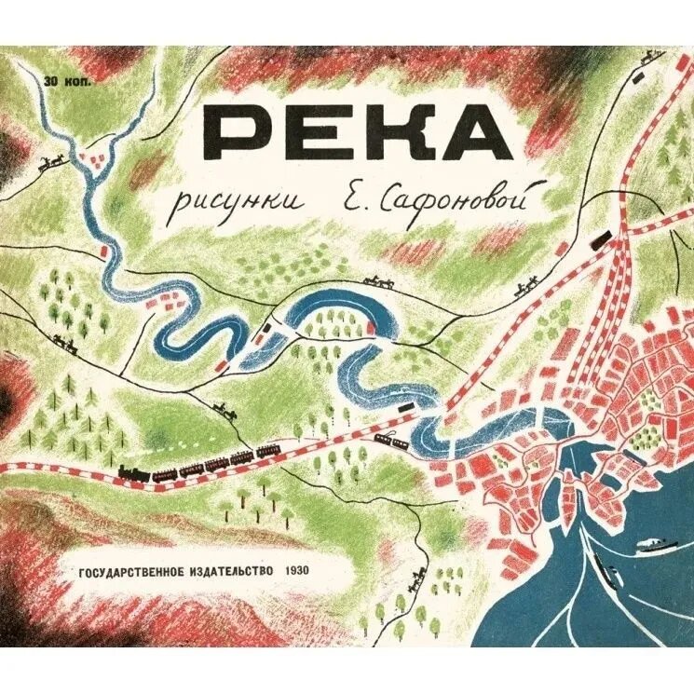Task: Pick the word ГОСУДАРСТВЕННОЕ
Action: coord(124,568)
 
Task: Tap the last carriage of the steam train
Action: coord(268,452)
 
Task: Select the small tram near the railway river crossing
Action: coord(392,441)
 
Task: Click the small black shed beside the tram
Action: coord(406,407)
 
